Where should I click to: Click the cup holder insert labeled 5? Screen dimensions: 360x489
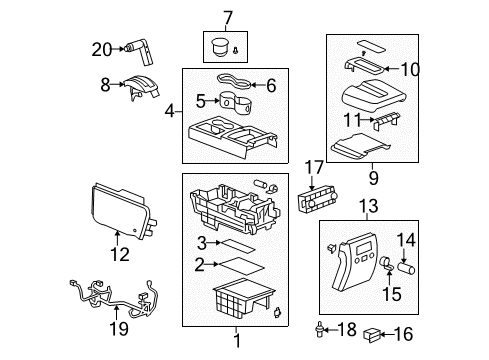click(236, 101)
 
